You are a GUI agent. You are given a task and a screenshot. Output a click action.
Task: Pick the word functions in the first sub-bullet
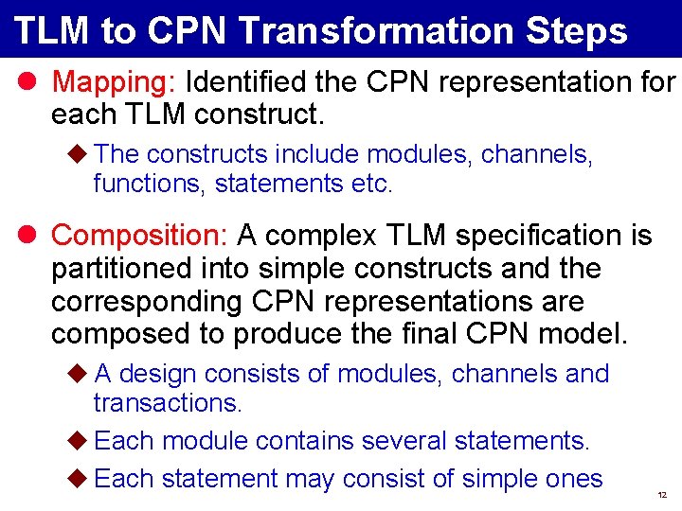coord(150,184)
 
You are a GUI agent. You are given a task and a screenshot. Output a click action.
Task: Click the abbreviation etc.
coord(370,184)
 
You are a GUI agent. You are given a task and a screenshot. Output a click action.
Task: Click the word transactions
coord(168,403)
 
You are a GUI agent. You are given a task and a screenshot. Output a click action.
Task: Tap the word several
coord(399,441)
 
